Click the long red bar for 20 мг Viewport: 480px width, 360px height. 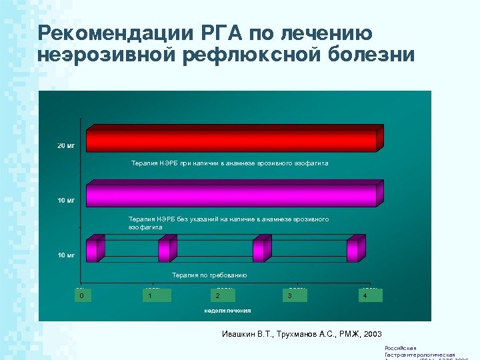[231, 140]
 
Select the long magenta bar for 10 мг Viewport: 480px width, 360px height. [231, 195]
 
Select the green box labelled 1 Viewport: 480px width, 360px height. [157, 295]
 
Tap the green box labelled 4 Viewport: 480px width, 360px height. [369, 295]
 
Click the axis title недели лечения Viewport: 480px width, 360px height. [227, 311]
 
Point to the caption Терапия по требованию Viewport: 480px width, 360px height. [209, 275]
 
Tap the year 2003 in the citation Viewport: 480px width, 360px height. [371, 333]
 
